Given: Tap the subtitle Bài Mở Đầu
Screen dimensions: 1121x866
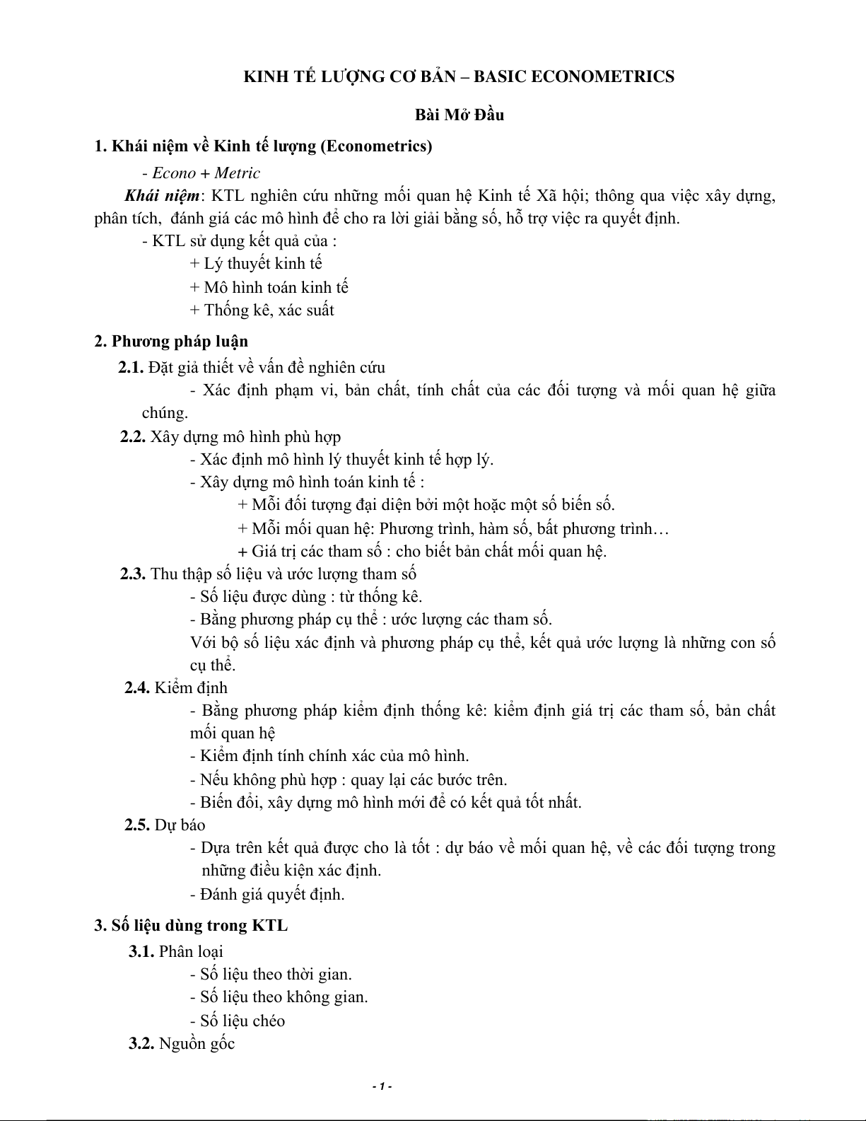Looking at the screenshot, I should pyautogui.click(x=459, y=115).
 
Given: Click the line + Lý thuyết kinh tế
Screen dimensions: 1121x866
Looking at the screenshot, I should pyautogui.click(x=256, y=264).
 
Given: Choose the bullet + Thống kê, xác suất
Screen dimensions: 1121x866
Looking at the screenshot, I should pyautogui.click(x=262, y=310).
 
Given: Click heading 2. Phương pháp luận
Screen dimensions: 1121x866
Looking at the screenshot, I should pyautogui.click(x=171, y=342).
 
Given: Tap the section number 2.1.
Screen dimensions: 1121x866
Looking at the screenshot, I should pyautogui.click(x=131, y=367).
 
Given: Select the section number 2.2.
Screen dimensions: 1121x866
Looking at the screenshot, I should pyautogui.click(x=133, y=436).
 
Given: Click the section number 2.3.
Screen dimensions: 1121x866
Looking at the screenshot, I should pyautogui.click(x=133, y=574).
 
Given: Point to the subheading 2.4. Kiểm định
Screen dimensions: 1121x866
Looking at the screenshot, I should pyautogui.click(x=176, y=687).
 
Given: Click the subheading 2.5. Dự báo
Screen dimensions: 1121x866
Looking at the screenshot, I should pyautogui.click(x=165, y=825).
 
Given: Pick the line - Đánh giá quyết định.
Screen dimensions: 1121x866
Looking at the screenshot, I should pyautogui.click(x=267, y=894).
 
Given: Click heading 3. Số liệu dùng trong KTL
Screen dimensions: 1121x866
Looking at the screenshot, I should pyautogui.click(x=191, y=926).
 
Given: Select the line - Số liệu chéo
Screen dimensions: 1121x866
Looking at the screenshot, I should pyautogui.click(x=238, y=1021).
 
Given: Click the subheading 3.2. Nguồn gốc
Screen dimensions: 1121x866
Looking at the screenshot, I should pyautogui.click(x=182, y=1043).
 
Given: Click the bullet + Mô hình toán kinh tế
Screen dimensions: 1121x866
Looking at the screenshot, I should pyautogui.click(x=269, y=287).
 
